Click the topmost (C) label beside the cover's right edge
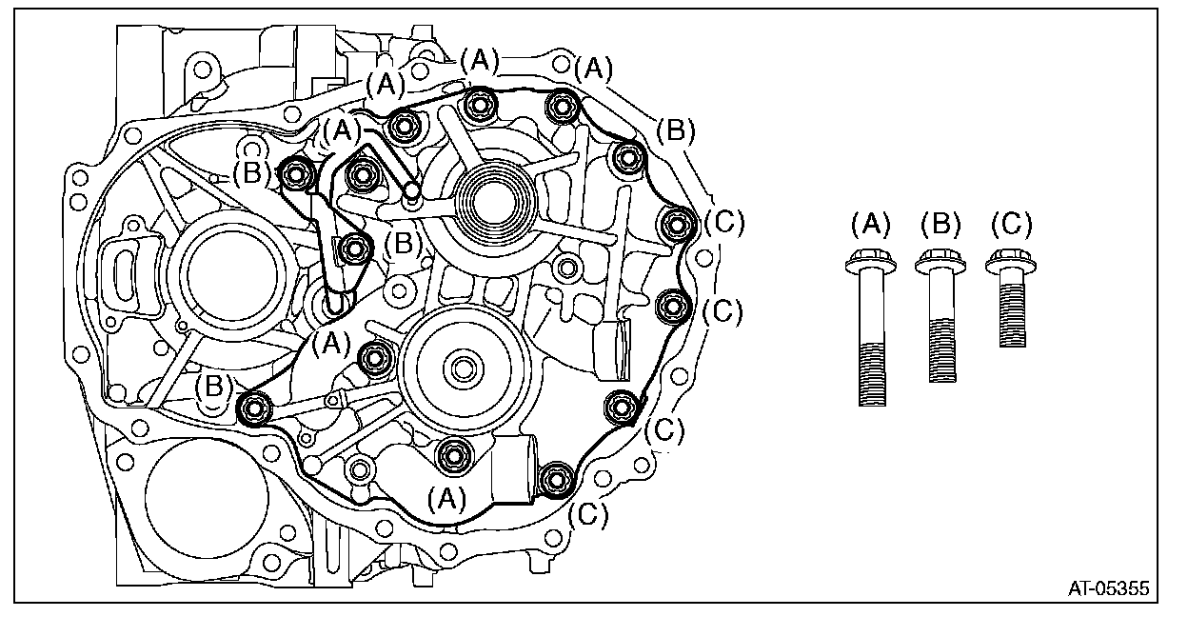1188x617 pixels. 723,224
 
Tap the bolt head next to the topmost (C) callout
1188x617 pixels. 677,225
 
